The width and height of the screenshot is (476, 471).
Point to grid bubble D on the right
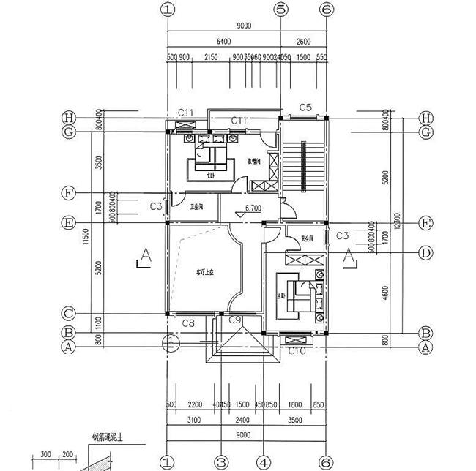pos(424,252)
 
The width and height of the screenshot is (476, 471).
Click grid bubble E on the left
pos(70,222)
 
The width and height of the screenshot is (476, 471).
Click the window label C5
pos(305,108)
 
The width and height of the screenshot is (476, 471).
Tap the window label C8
pos(187,323)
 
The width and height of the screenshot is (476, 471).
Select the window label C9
pos(235,321)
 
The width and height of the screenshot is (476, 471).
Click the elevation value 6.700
pos(253,208)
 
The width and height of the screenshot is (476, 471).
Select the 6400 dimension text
pos(224,42)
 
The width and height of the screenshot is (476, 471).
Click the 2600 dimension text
pos(304,42)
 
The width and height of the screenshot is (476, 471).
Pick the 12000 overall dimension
pos(396,219)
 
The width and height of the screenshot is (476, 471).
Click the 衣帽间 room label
pos(253,161)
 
